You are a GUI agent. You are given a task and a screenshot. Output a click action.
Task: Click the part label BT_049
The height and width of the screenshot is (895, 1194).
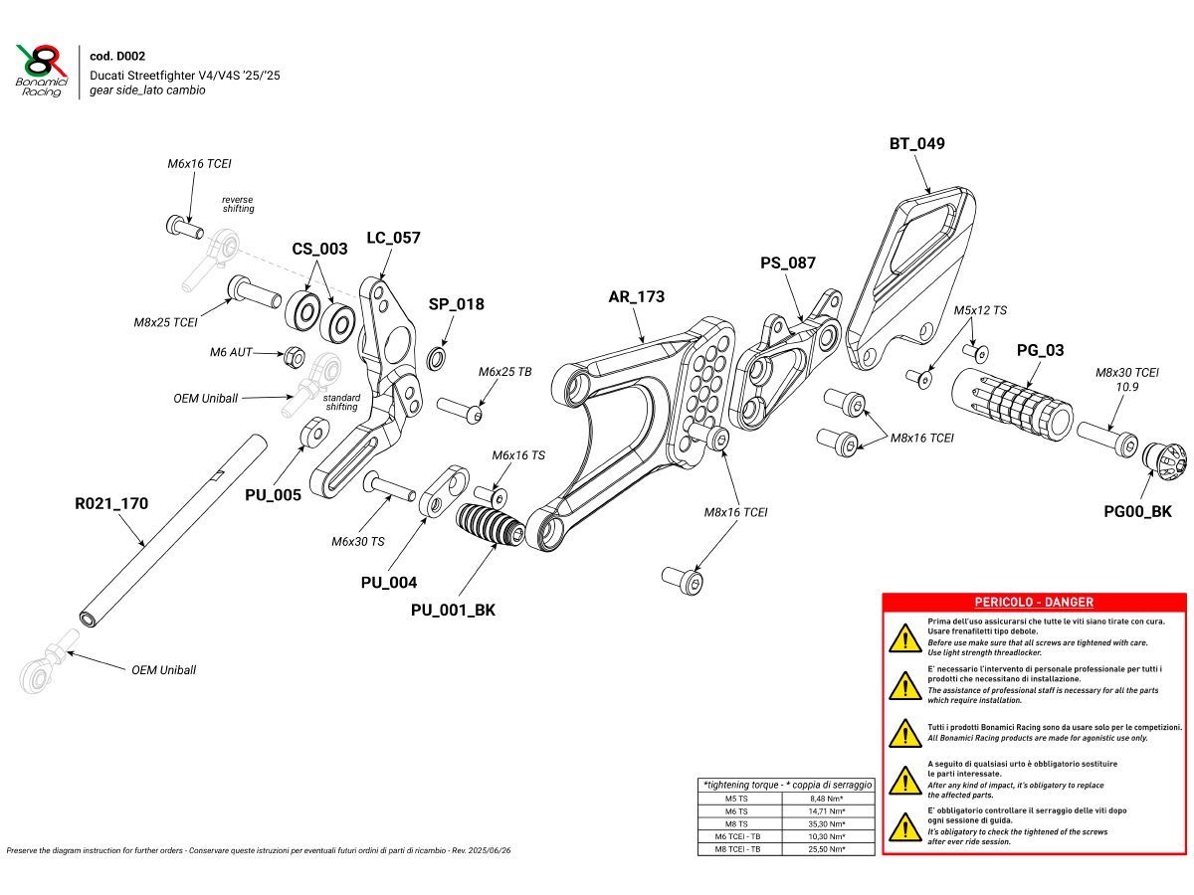click(x=916, y=143)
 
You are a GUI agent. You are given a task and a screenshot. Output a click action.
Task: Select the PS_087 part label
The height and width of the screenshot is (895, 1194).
click(x=787, y=263)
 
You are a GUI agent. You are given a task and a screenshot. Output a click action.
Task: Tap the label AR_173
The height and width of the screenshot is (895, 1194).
click(x=637, y=296)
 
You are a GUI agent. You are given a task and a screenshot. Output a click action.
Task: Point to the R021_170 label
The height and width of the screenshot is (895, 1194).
click(x=111, y=503)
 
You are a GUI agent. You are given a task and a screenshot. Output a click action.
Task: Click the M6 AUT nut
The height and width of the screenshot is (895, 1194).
click(x=295, y=355)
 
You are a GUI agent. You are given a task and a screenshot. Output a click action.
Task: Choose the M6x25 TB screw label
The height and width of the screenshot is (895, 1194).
click(x=504, y=371)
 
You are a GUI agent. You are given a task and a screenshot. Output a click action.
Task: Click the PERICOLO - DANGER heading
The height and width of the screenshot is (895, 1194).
click(x=1033, y=602)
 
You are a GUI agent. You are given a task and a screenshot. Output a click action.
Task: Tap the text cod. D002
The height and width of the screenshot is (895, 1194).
click(x=117, y=57)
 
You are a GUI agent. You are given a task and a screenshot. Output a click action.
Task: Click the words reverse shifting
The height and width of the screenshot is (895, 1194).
click(x=238, y=204)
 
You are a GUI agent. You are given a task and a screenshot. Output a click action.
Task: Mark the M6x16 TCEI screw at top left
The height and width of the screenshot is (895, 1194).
click(x=180, y=225)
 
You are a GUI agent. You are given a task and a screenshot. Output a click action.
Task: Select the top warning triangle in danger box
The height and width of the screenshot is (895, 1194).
click(x=903, y=637)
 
